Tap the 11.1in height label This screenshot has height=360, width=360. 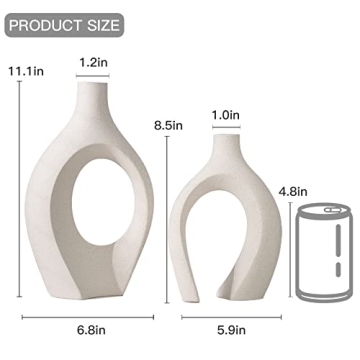click(x=22, y=71)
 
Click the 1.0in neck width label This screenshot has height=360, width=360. click(x=226, y=116)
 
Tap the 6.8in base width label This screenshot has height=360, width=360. click(x=88, y=325)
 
